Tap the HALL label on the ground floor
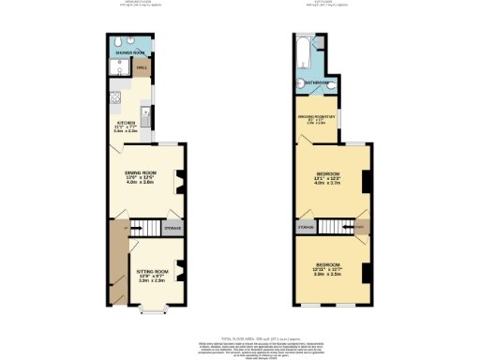tap(142, 68)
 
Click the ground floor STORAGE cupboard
tap(174, 228)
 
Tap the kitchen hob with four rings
tap(114, 96)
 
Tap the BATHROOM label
tap(316, 82)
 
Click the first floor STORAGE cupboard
tap(304, 227)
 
